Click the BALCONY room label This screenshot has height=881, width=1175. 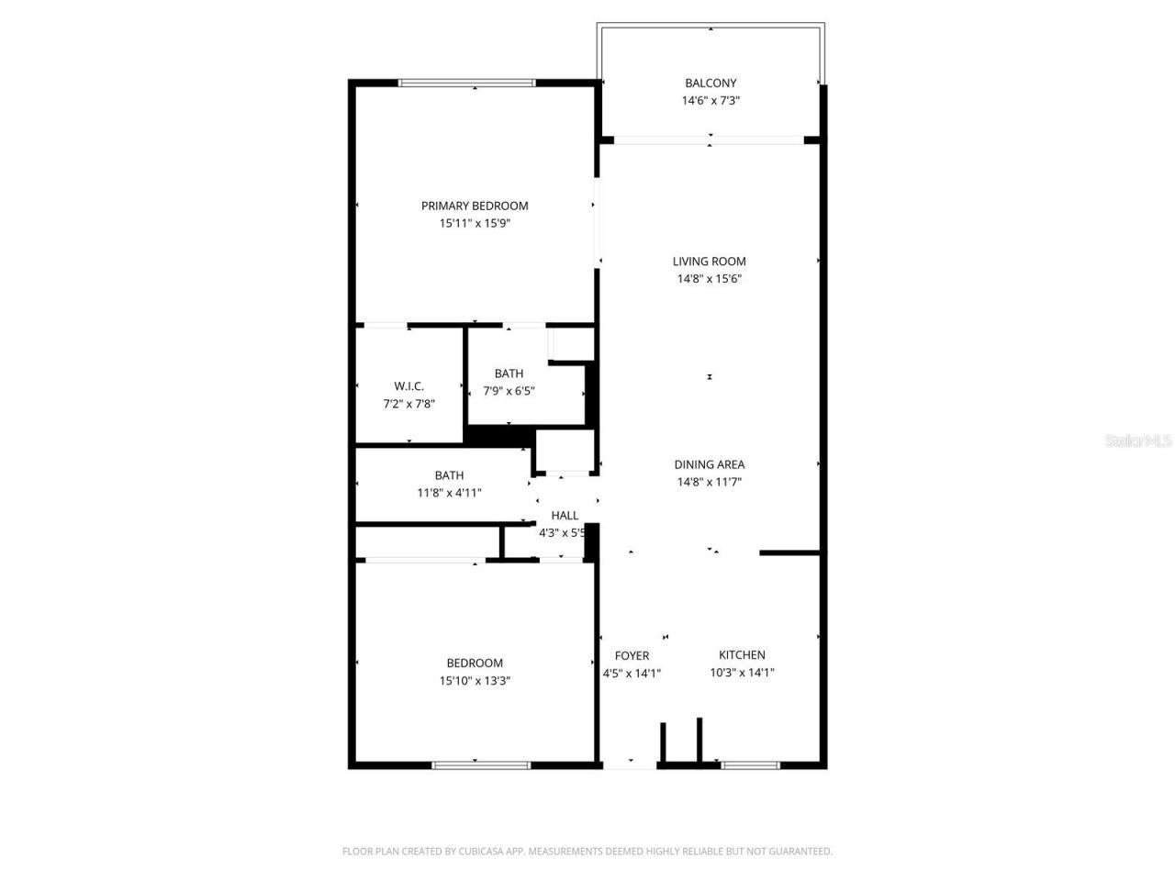711,83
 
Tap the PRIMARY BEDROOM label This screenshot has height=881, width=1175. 475,206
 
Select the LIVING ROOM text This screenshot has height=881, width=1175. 709,262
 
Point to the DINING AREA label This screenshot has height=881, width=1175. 709,464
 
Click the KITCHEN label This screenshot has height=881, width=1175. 742,654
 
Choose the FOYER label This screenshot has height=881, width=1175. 632,655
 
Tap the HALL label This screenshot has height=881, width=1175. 565,516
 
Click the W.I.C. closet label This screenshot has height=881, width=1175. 408,386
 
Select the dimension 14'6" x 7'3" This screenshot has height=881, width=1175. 711,101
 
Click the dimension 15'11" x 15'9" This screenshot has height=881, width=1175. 475,223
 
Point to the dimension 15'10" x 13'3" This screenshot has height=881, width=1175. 475,681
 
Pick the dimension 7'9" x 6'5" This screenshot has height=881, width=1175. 509,391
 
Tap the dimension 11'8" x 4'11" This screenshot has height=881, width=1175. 449,493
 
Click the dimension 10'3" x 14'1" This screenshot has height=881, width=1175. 742,672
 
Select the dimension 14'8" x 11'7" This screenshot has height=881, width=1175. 709,482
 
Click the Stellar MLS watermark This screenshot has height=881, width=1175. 1138,440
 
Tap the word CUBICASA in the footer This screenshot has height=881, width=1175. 484,852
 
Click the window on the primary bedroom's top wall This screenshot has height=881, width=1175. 466,84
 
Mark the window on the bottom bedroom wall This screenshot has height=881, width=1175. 480,764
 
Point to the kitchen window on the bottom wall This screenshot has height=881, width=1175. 750,764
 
